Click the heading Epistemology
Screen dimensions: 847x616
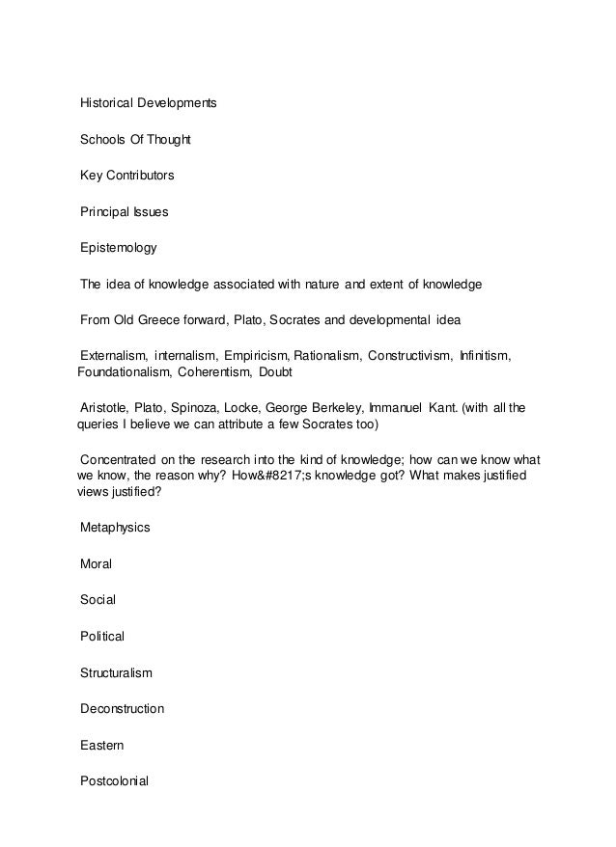[118, 248]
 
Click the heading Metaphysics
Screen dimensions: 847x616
[116, 528]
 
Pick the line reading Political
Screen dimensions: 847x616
[102, 637]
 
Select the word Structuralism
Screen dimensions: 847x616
[116, 672]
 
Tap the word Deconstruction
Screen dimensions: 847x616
[122, 709]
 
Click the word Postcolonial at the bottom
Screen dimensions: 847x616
[114, 781]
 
